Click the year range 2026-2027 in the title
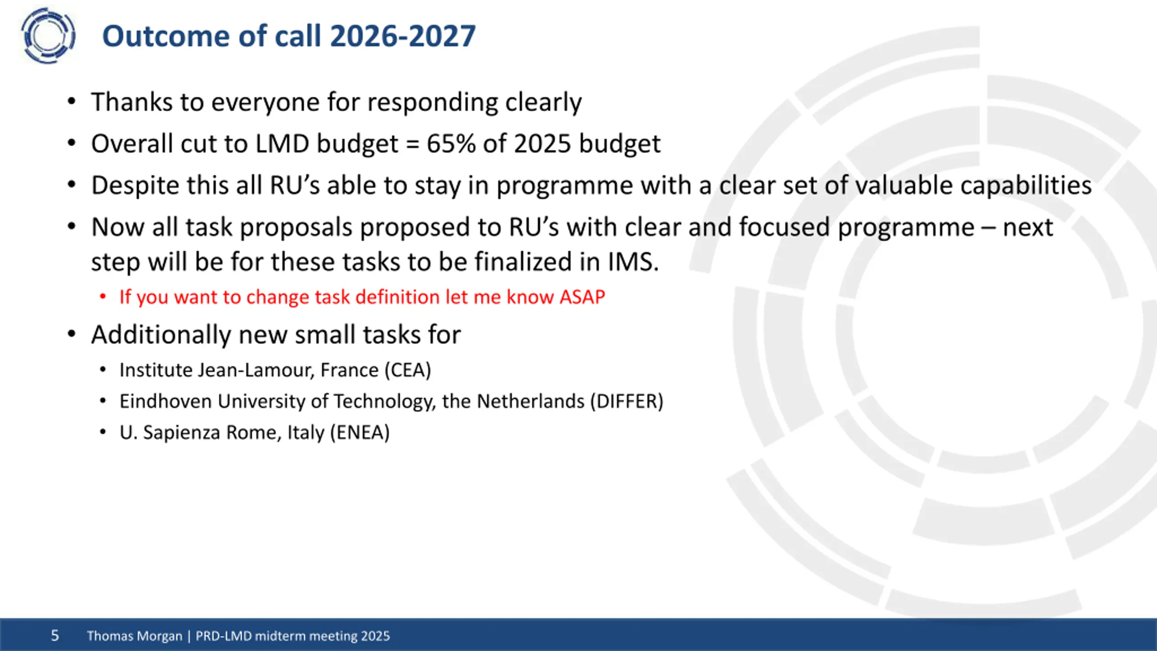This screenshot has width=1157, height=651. pos(403,36)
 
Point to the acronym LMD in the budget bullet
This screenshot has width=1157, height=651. pos(282,144)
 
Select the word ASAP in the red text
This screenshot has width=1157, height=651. pos(582,297)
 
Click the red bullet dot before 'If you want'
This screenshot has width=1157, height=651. pos(103,297)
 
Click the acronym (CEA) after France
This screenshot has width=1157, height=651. pos(408,370)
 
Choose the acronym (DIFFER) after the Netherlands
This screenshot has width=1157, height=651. pos(627,401)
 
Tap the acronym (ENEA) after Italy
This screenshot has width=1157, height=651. pos(360,433)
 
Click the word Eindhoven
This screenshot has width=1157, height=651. pos(166,401)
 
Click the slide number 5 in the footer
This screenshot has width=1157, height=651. pos(55,636)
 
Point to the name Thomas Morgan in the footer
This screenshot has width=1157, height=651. pos(135,636)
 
